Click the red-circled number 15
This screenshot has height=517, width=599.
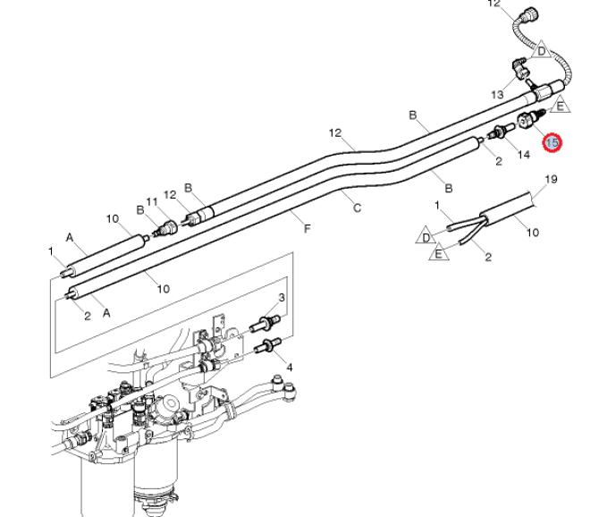click(553, 142)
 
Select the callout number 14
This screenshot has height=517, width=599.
click(523, 155)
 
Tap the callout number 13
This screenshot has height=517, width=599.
click(497, 95)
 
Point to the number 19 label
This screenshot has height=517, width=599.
click(551, 179)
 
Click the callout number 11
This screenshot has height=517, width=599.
click(152, 201)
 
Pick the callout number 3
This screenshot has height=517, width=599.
click(282, 297)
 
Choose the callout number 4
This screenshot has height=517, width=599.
click(290, 368)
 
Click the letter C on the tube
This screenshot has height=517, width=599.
click(357, 208)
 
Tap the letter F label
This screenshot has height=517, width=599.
click(307, 228)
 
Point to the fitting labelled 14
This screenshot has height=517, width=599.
click(500, 131)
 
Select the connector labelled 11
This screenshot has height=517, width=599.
click(166, 228)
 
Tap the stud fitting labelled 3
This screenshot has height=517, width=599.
click(266, 323)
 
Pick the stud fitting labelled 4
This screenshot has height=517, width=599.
click(268, 345)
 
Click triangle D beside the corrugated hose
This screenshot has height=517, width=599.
click(541, 50)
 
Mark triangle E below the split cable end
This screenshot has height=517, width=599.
click(439, 253)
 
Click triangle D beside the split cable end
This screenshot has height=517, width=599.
click(426, 236)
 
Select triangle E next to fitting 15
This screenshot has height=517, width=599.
click(560, 106)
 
